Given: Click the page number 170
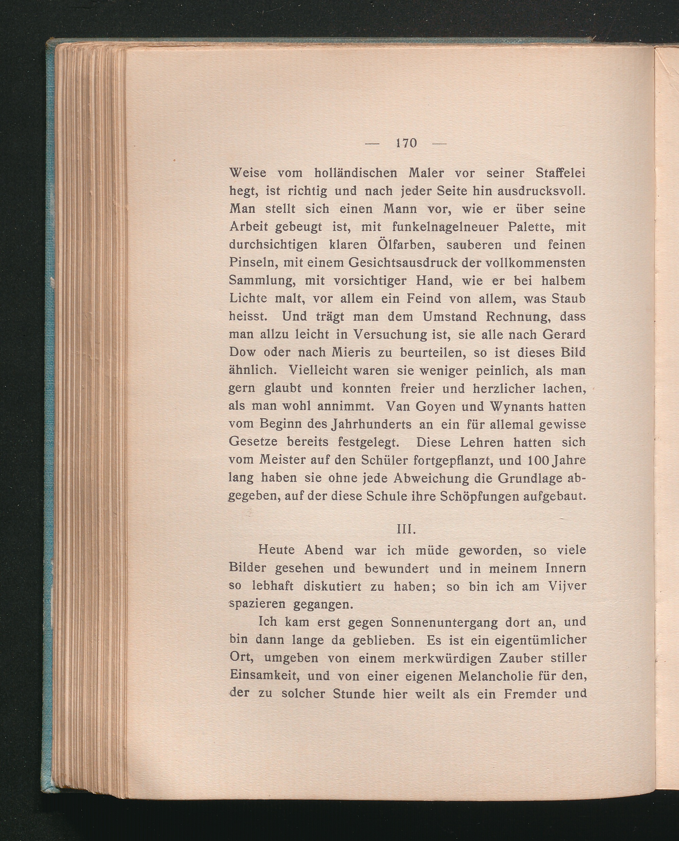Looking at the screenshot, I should pos(406,143).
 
